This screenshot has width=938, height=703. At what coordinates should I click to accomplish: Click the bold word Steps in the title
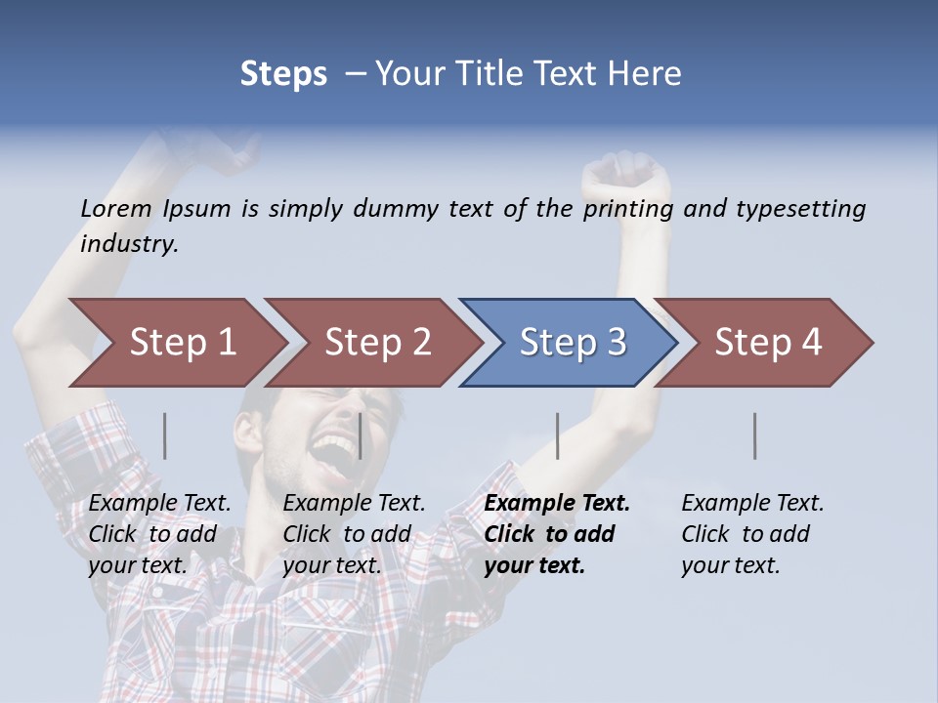(283, 74)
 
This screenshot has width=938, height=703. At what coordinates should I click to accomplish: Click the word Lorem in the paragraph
(116, 209)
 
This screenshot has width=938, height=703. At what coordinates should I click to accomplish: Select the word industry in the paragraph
(129, 244)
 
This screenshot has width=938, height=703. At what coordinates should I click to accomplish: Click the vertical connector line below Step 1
(165, 435)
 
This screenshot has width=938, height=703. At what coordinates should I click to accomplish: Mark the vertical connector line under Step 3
(557, 435)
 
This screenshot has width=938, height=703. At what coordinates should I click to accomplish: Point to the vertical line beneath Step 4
(754, 435)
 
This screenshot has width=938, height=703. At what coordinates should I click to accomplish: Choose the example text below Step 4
(750, 534)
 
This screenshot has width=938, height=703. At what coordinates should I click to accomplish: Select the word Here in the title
(645, 74)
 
